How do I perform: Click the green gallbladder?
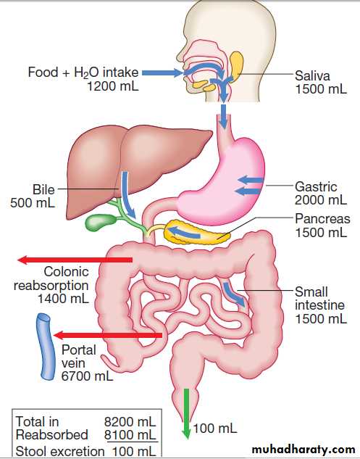click(x=100, y=223)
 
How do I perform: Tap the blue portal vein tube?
click(x=46, y=347)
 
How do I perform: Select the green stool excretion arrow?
click(x=186, y=413)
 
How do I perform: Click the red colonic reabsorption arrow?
click(x=75, y=260)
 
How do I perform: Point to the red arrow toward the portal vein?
click(x=108, y=335)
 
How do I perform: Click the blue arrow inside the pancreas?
click(x=185, y=232)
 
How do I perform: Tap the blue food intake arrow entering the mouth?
click(x=162, y=73)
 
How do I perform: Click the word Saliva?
click(x=312, y=76)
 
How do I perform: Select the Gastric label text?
click(x=316, y=187)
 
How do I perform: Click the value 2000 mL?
click(x=321, y=200)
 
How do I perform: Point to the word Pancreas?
click(x=322, y=219)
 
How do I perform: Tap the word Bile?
click(x=43, y=190)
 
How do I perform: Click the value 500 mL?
click(x=33, y=203)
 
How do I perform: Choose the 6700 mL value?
click(x=87, y=376)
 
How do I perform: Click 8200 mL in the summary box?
click(x=130, y=422)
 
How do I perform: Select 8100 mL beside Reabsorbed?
click(x=130, y=434)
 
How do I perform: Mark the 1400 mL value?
click(x=63, y=299)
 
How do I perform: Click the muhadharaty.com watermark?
click(x=304, y=449)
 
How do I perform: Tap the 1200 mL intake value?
click(x=113, y=86)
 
